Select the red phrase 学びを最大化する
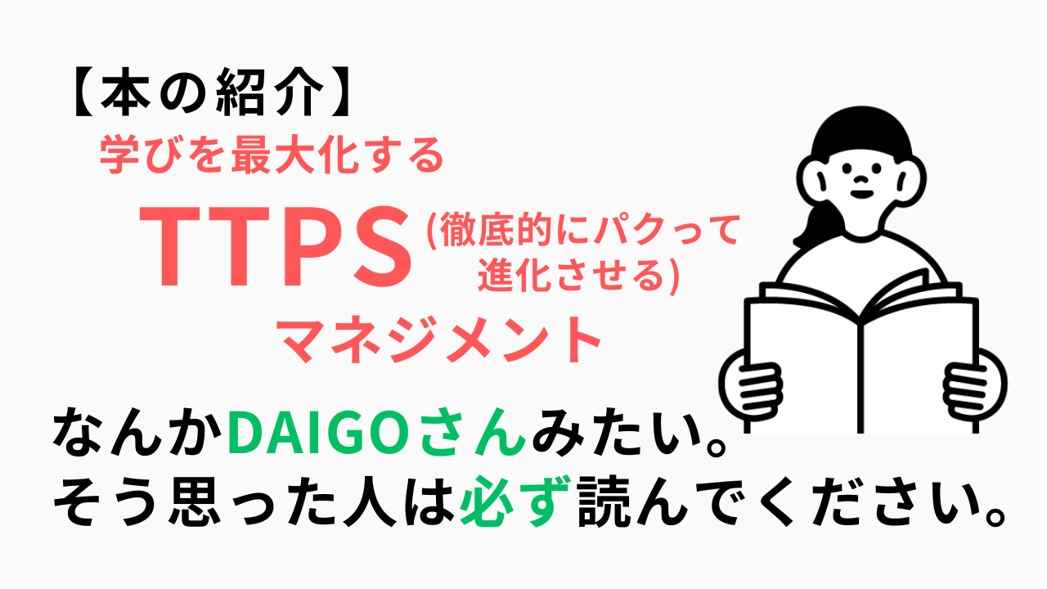271,154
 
